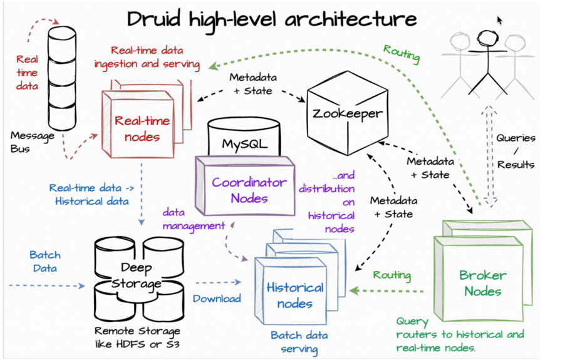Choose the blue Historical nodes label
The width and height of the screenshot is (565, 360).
pos(295,296)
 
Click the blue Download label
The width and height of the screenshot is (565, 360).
pos(217,299)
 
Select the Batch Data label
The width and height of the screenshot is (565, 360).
pos(45,261)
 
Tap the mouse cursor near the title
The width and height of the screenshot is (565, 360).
pos(499,20)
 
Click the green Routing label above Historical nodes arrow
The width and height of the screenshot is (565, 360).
pos(392,275)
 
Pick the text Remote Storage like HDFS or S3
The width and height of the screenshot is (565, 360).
pos(137,337)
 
